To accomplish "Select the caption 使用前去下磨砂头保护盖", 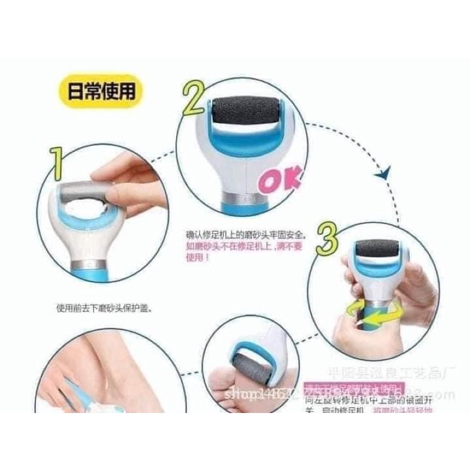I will [103, 306].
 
